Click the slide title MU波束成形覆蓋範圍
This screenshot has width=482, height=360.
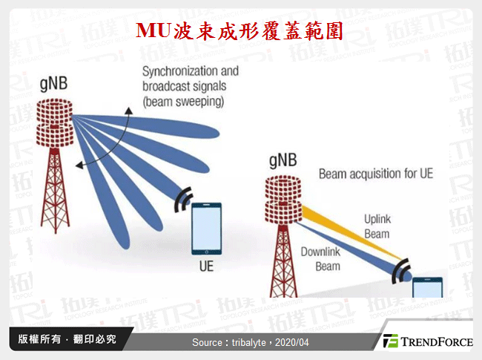point(240,30)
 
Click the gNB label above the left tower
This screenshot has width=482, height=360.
point(53,84)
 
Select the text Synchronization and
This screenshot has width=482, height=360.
point(191,72)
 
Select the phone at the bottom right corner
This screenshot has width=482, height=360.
point(428,287)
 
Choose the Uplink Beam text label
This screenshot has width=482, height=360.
point(376,226)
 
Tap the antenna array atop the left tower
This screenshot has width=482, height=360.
point(53,122)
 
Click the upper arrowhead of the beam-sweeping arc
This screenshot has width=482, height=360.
point(128,111)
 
